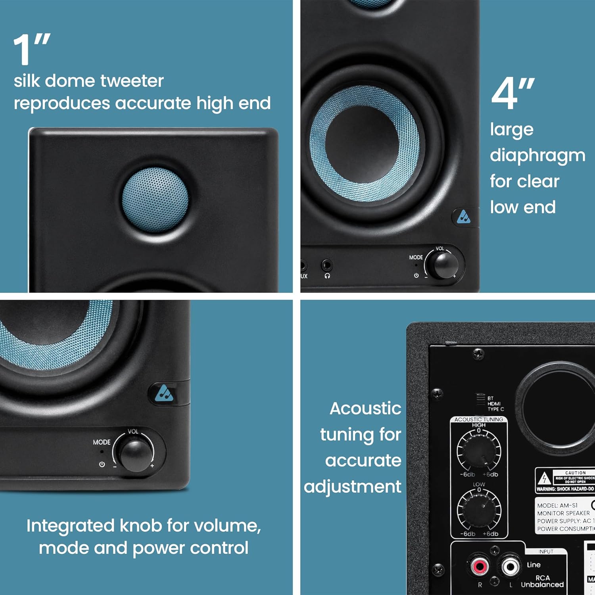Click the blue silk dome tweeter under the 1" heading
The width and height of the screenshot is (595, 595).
pos(155,200)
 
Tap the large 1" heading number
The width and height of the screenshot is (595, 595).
pos(31,49)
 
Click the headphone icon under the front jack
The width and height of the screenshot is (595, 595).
pos(327,276)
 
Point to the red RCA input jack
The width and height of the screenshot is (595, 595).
pos(480,566)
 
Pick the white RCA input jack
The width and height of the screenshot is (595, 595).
pos(510,566)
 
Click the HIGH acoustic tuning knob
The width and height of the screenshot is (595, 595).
pos(479,451)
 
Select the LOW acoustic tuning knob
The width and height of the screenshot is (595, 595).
pos(479,510)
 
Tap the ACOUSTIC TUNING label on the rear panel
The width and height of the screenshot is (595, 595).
pos(479,419)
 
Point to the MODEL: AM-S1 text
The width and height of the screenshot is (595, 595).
pos(557,505)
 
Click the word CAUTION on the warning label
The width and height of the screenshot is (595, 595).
pos(575,473)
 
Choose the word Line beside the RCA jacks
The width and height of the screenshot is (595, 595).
pos(534,564)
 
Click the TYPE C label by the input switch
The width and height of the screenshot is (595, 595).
pos(496,409)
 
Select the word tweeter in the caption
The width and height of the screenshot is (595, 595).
pos(132,81)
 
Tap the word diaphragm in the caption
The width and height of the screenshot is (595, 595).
pos(537,155)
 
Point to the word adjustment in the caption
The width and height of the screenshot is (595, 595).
pos(353,487)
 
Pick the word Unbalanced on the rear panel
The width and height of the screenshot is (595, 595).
pos(542,585)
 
